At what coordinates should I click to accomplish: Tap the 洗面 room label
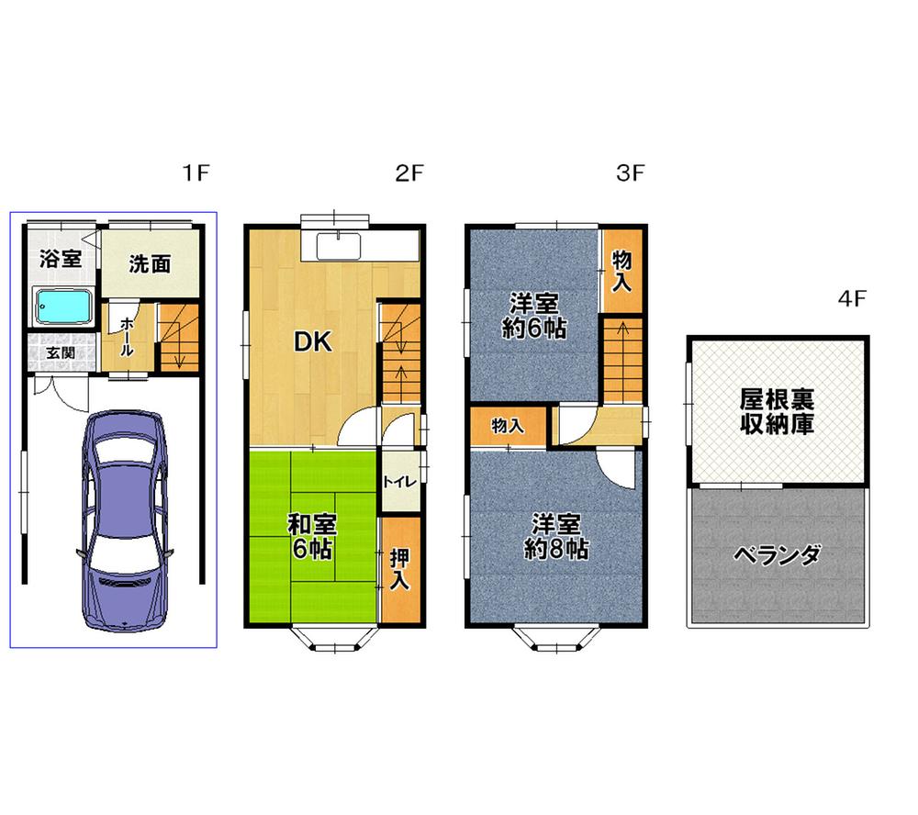(150, 264)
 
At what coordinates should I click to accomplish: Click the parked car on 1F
(125, 519)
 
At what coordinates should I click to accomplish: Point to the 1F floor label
(196, 172)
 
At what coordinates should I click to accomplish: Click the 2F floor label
(410, 172)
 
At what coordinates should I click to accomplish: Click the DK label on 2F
(311, 341)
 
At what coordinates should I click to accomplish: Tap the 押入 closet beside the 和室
(398, 568)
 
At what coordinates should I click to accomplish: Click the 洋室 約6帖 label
(533, 316)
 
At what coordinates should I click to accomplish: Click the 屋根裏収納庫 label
(778, 412)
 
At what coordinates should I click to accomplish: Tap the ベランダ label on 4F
(778, 555)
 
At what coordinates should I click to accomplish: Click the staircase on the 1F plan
(178, 337)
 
